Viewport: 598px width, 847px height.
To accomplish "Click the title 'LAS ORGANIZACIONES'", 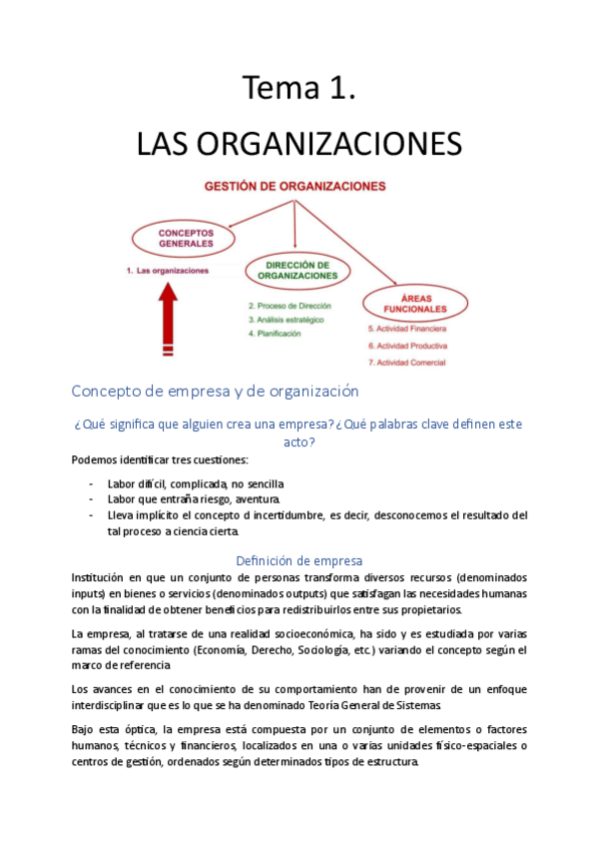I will [299, 144].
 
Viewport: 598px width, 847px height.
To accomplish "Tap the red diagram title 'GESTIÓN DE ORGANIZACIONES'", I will [296, 186].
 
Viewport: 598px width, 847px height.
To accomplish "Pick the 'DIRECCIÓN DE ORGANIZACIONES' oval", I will [298, 270].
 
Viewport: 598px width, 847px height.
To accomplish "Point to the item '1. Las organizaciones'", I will [168, 271].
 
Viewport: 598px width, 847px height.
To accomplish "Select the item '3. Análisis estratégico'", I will [287, 319].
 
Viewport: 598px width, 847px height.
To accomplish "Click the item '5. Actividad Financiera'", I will [406, 328].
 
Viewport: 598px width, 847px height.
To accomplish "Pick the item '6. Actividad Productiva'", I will [407, 345].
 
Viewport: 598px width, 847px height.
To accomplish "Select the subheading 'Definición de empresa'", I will [299, 560].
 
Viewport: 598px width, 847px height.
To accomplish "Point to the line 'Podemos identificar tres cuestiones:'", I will [160, 459].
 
